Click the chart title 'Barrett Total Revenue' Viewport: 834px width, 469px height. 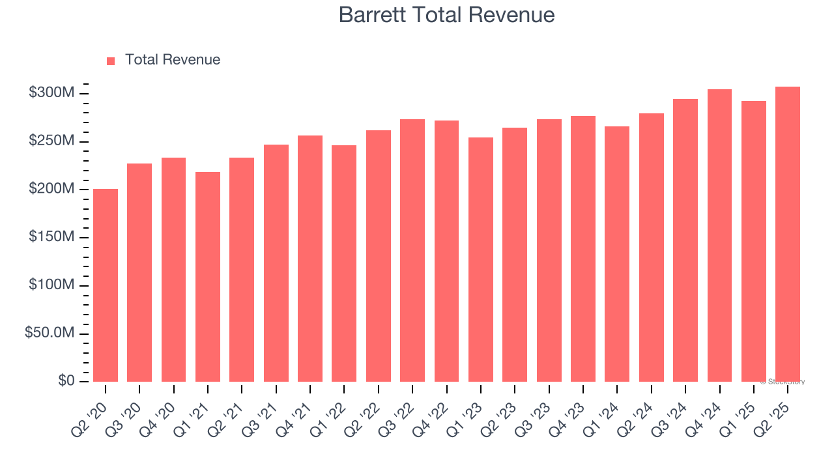click(x=446, y=15)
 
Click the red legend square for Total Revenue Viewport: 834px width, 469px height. click(x=111, y=61)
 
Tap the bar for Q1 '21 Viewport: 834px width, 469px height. click(x=208, y=277)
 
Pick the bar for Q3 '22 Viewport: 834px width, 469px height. click(x=412, y=251)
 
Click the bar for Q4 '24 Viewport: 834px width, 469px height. click(x=719, y=235)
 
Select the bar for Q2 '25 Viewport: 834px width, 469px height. click(x=788, y=234)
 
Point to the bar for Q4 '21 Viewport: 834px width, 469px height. click(x=310, y=259)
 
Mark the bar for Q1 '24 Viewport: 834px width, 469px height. click(x=617, y=254)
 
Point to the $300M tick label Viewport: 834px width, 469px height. click(x=51, y=93)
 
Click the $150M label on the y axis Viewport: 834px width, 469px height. click(x=51, y=237)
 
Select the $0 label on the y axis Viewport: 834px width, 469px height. click(x=66, y=380)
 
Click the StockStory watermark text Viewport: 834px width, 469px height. click(x=783, y=382)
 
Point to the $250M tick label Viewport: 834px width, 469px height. click(x=51, y=141)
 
